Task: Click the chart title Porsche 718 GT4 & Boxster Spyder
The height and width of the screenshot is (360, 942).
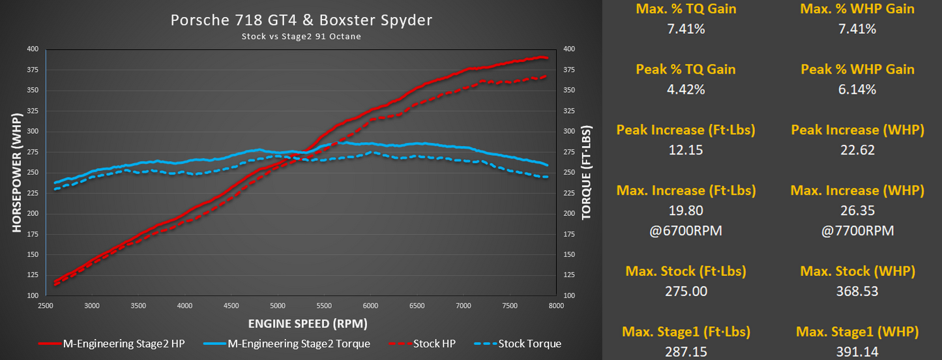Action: (x=301, y=20)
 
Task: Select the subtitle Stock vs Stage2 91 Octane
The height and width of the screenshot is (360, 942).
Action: (x=301, y=37)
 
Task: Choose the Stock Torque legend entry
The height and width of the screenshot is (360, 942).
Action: (x=525, y=344)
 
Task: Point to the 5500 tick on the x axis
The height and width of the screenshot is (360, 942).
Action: (x=324, y=305)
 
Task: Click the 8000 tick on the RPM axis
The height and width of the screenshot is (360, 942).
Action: (x=556, y=305)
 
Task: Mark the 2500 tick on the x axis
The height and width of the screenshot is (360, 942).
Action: (x=46, y=305)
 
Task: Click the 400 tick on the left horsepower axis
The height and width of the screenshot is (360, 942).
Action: (x=33, y=49)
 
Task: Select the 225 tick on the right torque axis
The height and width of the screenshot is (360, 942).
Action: (x=569, y=193)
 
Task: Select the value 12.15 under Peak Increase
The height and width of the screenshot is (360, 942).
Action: (x=685, y=150)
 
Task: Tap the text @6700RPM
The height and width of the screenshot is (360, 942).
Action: (x=685, y=231)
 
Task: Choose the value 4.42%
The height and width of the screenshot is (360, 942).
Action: (x=685, y=89)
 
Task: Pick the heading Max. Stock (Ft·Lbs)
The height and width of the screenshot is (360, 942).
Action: (x=685, y=271)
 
